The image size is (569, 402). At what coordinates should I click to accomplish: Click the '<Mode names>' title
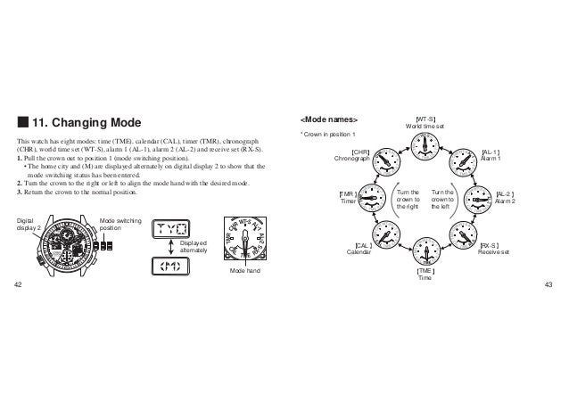(329, 119)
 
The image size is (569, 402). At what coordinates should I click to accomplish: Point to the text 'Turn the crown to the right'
(405, 198)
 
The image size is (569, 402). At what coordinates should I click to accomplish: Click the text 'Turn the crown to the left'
(441, 198)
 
